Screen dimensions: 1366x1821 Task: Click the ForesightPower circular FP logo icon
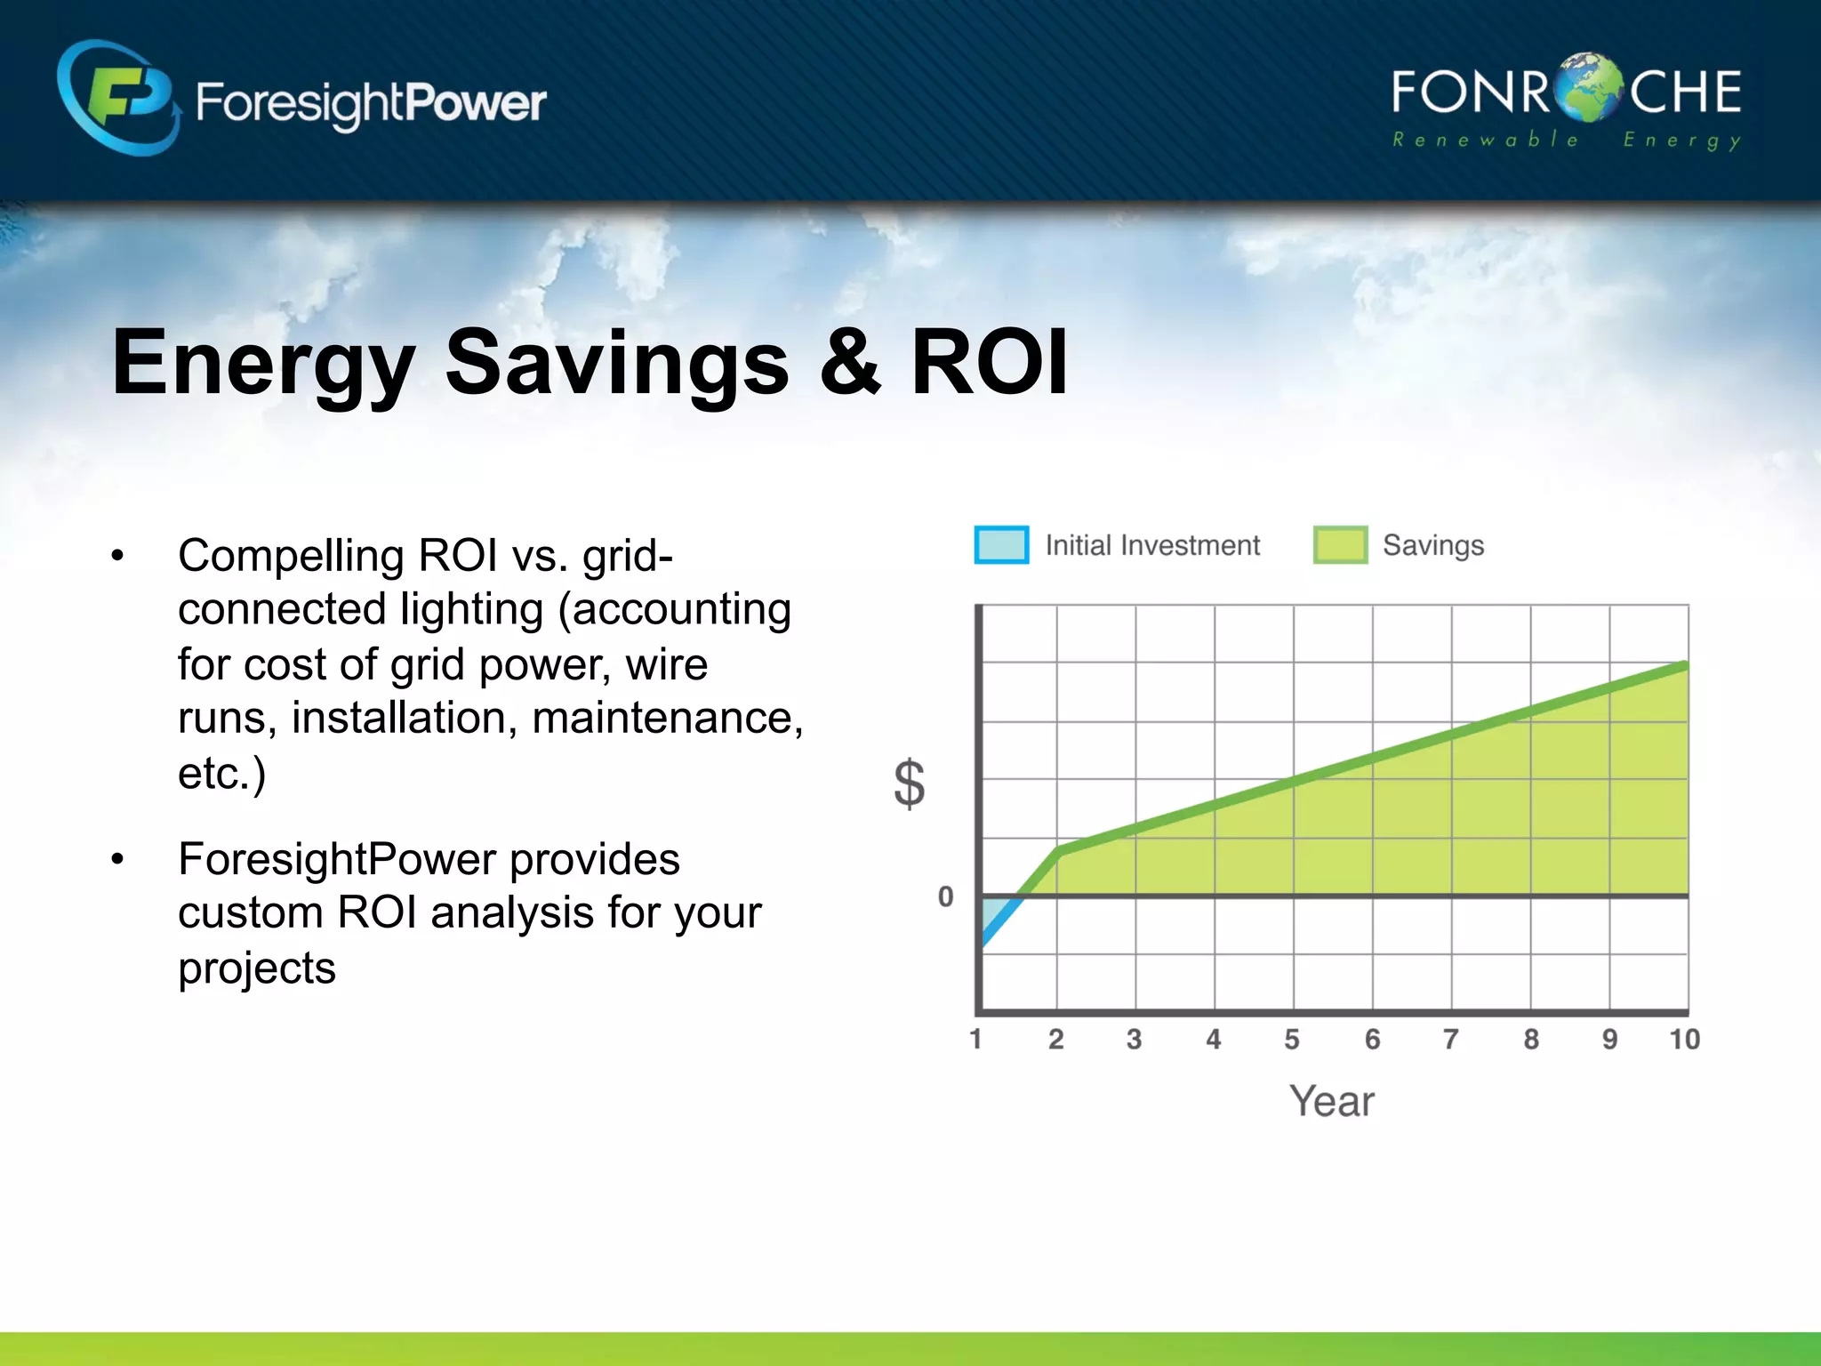(118, 98)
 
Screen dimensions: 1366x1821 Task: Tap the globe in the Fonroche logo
(1589, 89)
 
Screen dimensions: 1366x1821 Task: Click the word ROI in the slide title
(989, 362)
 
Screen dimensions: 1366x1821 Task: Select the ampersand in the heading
(850, 362)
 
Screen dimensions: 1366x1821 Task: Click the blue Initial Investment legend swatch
(1001, 545)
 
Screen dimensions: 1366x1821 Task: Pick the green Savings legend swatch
(1340, 545)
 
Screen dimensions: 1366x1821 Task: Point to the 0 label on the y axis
(945, 896)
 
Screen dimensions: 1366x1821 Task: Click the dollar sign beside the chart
(909, 783)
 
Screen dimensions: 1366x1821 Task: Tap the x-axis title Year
(1331, 1101)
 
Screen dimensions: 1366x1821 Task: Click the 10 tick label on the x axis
(1684, 1039)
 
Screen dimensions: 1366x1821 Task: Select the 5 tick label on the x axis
(1292, 1039)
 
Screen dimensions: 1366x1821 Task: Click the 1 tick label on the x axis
(976, 1039)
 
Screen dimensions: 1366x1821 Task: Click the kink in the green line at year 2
(1058, 850)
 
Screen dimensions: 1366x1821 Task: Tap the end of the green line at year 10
(1684, 665)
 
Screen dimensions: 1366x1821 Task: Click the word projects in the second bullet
(256, 968)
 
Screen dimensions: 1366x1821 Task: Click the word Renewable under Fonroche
(1485, 140)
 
